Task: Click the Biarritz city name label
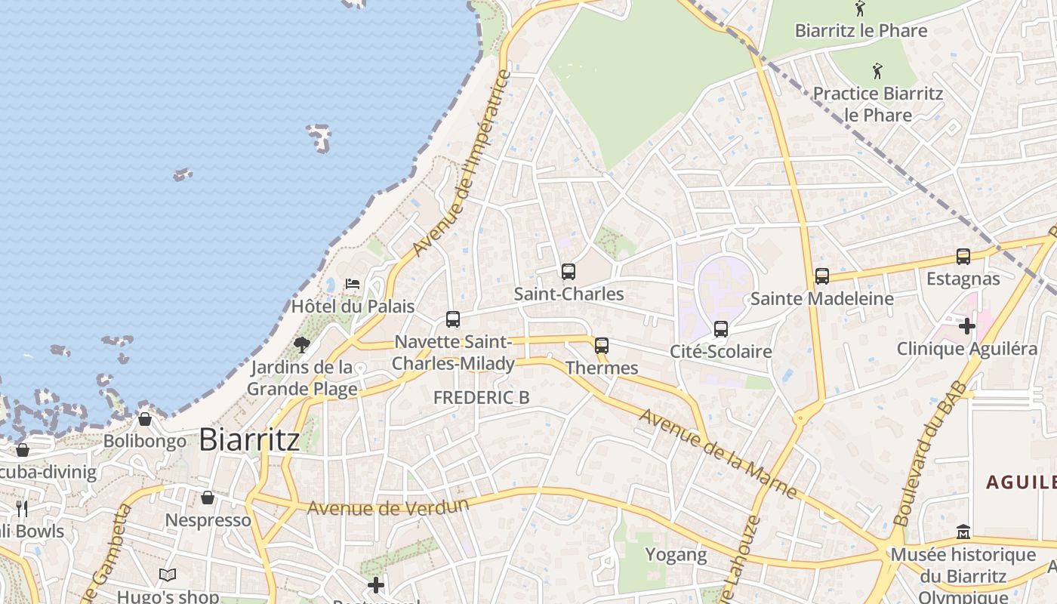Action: (x=249, y=440)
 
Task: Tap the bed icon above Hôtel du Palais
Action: (x=353, y=284)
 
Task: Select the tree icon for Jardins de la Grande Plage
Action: (x=302, y=345)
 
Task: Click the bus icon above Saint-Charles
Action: (x=569, y=272)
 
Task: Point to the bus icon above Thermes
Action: (x=602, y=346)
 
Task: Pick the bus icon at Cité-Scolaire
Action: (x=721, y=329)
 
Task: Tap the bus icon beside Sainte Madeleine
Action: (x=822, y=276)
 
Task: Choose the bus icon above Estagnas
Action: (x=963, y=257)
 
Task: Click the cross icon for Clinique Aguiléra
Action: (x=967, y=326)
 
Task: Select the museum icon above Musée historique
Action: (x=963, y=532)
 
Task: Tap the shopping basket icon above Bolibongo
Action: (x=145, y=419)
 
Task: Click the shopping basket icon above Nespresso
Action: (x=208, y=498)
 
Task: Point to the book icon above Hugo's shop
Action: (x=168, y=575)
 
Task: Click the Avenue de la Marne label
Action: (x=718, y=453)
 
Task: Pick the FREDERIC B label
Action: (x=482, y=397)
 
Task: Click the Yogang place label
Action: (x=676, y=555)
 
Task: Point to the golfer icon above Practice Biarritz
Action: (x=877, y=72)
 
